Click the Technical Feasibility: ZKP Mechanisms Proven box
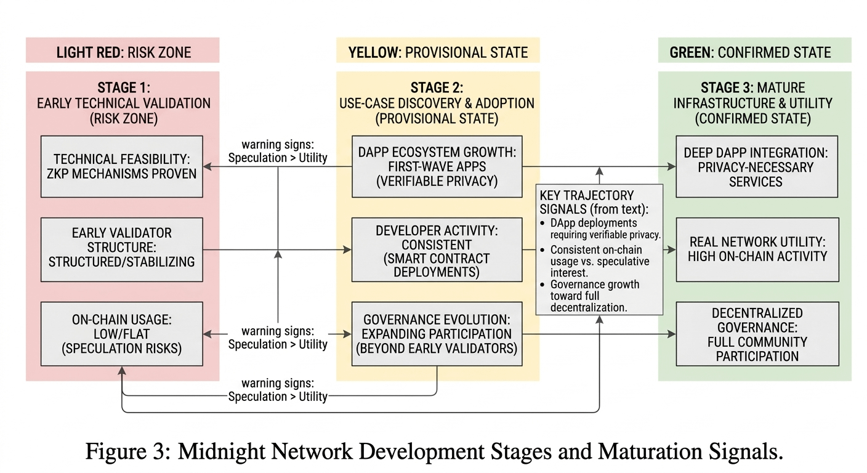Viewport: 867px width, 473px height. (x=122, y=166)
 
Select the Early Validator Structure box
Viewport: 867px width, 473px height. (x=122, y=249)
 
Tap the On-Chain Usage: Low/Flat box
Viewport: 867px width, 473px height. (x=122, y=333)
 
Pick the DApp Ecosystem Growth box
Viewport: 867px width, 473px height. (x=437, y=166)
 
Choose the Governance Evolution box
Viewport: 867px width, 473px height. (x=437, y=334)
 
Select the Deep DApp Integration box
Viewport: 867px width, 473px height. (x=757, y=167)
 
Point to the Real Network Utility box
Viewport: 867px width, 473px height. (x=757, y=249)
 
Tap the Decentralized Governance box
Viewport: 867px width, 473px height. (x=757, y=334)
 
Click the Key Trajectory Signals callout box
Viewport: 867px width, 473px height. (x=599, y=249)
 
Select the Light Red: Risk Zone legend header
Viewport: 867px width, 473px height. (x=123, y=52)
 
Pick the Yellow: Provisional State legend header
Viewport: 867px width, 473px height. (x=438, y=52)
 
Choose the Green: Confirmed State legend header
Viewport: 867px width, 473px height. (x=754, y=52)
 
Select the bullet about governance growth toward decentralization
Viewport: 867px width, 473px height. (x=594, y=296)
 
